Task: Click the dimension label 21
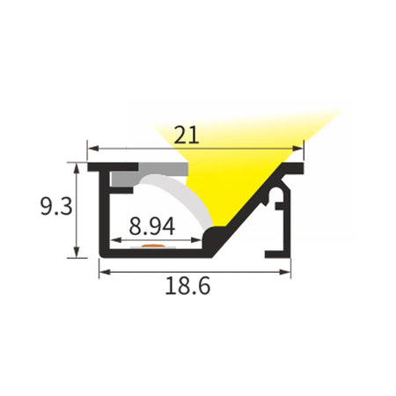(187, 135)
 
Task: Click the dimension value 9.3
(56, 207)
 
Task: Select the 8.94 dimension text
(152, 226)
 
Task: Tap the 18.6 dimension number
(187, 286)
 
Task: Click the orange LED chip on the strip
(153, 246)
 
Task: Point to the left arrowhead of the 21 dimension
(93, 149)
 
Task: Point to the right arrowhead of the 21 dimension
(297, 149)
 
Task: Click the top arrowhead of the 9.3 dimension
(77, 169)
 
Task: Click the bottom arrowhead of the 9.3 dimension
(77, 253)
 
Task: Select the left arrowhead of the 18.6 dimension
(105, 272)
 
